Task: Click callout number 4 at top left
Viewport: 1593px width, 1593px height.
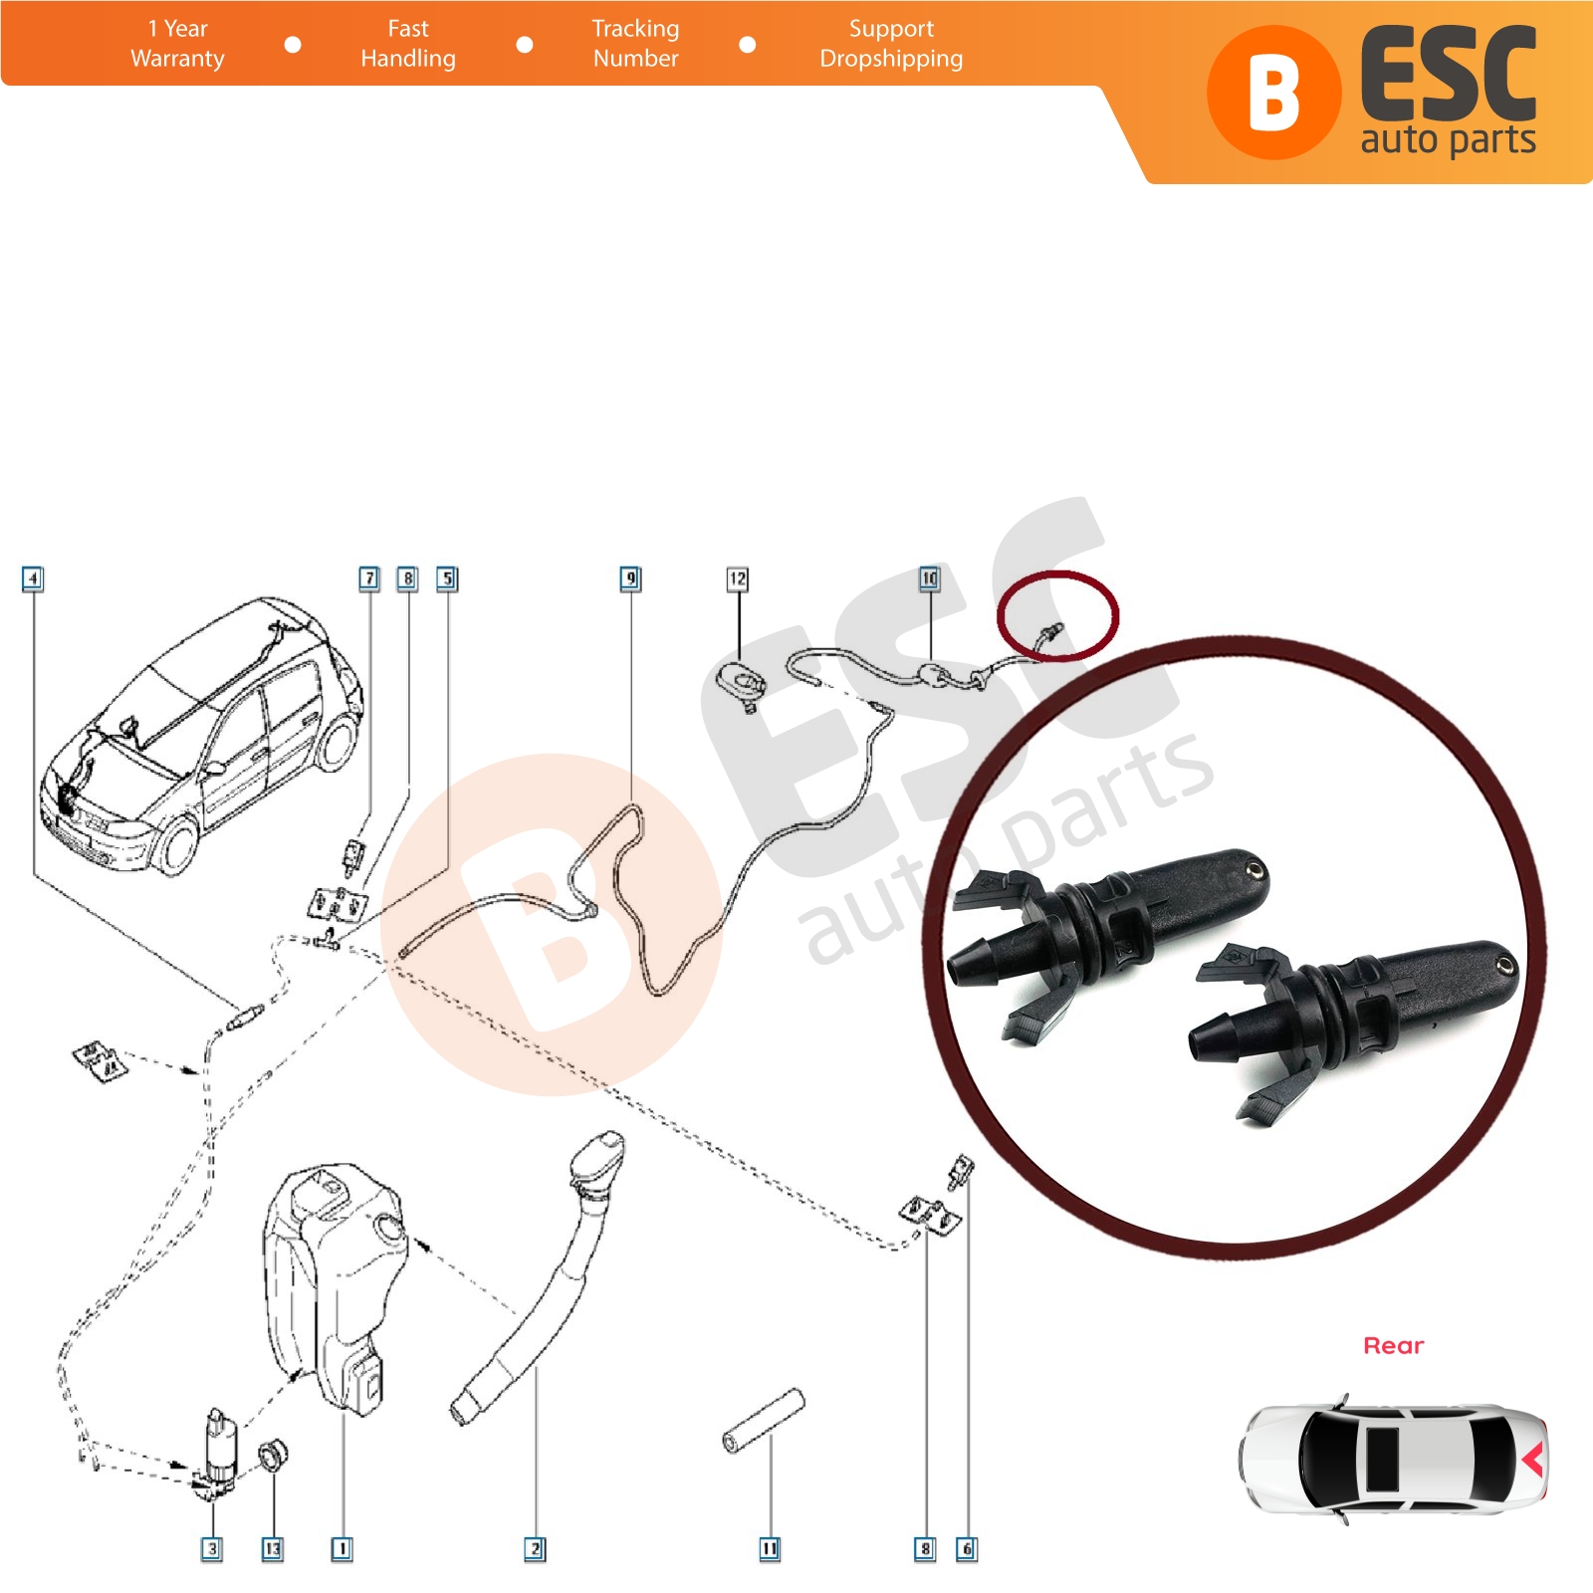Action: pyautogui.click(x=33, y=578)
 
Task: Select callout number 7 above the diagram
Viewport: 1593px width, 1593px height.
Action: pyautogui.click(x=369, y=578)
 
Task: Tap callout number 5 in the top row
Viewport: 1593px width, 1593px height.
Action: pyautogui.click(x=447, y=578)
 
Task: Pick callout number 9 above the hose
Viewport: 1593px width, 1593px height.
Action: pyautogui.click(x=630, y=578)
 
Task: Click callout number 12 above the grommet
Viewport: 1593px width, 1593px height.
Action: pyautogui.click(x=737, y=578)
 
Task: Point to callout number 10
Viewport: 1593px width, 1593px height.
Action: pyautogui.click(x=929, y=578)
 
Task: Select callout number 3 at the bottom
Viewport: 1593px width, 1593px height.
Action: pyautogui.click(x=211, y=1549)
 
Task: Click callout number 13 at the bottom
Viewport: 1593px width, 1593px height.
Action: pyautogui.click(x=272, y=1549)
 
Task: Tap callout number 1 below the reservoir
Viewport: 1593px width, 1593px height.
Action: pyautogui.click(x=341, y=1549)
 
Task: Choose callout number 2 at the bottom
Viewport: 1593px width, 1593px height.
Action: pyautogui.click(x=535, y=1549)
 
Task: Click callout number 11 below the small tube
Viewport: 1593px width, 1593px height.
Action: pyautogui.click(x=770, y=1549)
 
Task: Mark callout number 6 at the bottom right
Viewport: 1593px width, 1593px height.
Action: pyautogui.click(x=966, y=1549)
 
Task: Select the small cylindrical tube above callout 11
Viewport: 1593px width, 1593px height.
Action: pyautogui.click(x=763, y=1422)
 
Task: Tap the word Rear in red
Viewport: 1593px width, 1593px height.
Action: pyautogui.click(x=1393, y=1346)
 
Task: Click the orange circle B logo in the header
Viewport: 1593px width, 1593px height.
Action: pyautogui.click(x=1273, y=93)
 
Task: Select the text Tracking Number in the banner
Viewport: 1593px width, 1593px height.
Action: pyautogui.click(x=635, y=44)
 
